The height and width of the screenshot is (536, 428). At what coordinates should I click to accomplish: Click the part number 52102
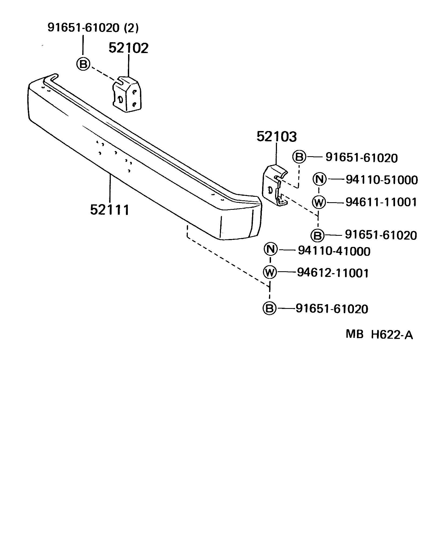click(128, 48)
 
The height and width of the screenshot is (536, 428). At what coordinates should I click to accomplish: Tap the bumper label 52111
click(110, 210)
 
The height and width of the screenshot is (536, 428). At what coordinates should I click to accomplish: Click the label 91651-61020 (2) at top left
click(93, 28)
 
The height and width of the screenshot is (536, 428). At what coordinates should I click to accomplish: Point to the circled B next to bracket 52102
click(83, 64)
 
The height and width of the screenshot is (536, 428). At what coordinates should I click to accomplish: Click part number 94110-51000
click(382, 180)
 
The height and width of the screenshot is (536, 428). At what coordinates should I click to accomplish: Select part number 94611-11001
click(381, 202)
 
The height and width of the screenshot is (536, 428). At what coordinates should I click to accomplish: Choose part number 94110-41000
click(334, 251)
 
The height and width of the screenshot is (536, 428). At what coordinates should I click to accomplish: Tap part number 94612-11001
click(333, 273)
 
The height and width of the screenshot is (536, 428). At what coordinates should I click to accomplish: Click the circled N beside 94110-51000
click(320, 179)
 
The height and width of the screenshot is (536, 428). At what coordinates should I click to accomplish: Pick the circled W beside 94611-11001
click(319, 202)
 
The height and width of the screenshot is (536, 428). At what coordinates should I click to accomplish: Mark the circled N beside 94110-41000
click(270, 249)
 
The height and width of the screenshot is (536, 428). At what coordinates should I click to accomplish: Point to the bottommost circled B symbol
click(269, 308)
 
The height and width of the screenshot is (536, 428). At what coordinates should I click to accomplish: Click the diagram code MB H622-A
click(379, 335)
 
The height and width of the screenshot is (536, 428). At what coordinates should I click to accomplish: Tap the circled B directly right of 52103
click(299, 157)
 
